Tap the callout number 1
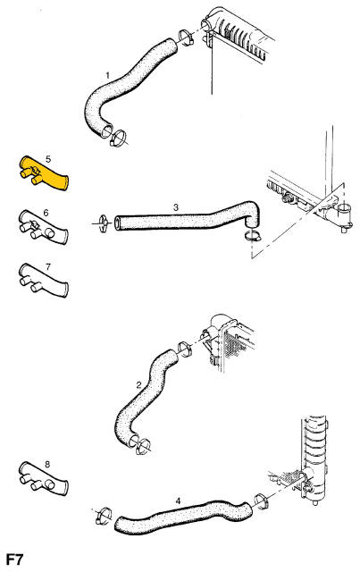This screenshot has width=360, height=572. (107, 75)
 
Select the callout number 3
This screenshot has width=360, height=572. (176, 207)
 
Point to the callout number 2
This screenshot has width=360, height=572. (138, 384)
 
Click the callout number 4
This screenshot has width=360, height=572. (178, 501)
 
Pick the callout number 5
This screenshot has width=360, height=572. (48, 159)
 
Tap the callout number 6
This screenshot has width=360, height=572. (46, 213)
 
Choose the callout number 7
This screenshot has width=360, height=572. (48, 267)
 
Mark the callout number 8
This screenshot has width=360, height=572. (47, 465)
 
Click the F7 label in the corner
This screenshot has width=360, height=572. (14, 559)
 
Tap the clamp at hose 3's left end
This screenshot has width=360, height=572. (102, 223)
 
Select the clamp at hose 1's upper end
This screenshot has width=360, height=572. (186, 38)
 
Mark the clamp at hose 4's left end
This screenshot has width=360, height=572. (103, 516)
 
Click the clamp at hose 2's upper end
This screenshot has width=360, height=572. (185, 349)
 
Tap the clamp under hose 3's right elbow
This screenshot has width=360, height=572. (253, 235)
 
